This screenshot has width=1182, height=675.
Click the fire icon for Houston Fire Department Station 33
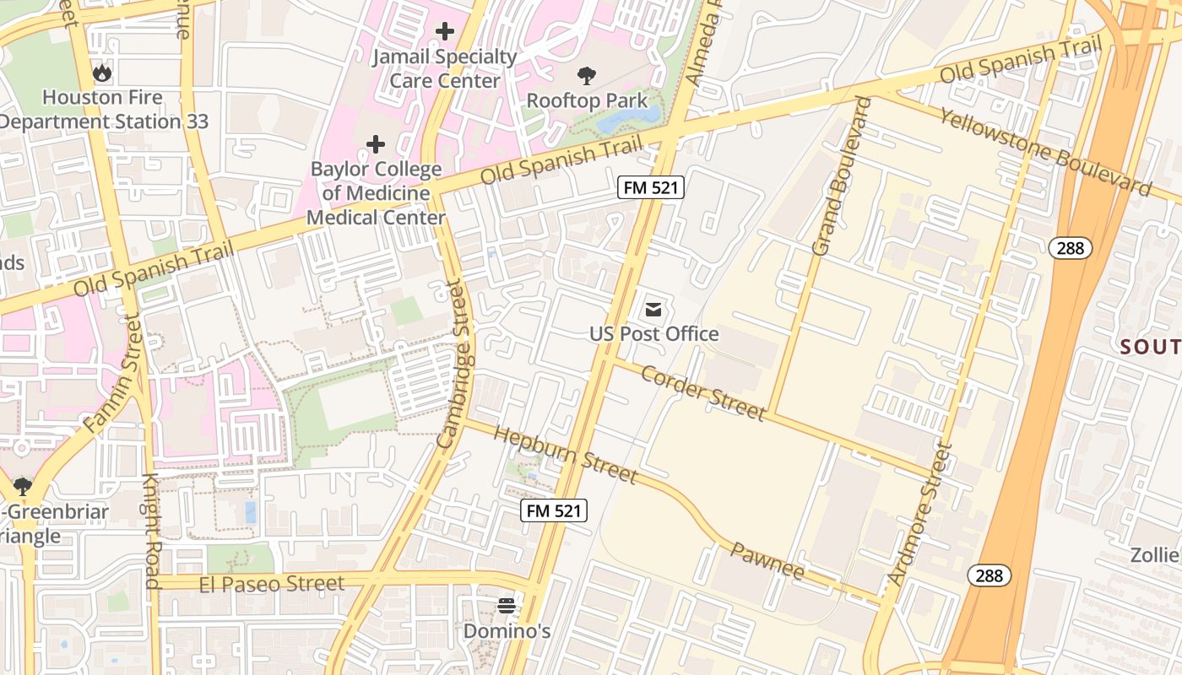[x=102, y=73]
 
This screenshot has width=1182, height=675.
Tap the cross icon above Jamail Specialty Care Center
[x=444, y=32]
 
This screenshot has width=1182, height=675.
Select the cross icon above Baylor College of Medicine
[x=376, y=144]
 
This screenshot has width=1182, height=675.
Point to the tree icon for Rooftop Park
[x=586, y=76]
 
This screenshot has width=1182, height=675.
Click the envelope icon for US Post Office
[x=653, y=310]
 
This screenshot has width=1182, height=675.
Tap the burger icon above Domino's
[x=507, y=605]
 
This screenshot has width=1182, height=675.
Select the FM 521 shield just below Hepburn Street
[x=553, y=510]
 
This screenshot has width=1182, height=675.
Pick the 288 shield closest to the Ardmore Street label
[x=989, y=575]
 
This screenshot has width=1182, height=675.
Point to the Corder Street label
[x=702, y=392]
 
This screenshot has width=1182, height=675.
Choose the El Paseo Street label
[x=271, y=584]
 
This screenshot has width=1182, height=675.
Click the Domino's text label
[x=507, y=630]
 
